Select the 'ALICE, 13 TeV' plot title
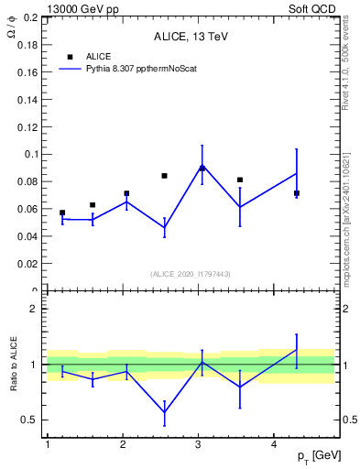[191, 38]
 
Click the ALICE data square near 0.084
[164, 176]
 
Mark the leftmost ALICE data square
[62, 213]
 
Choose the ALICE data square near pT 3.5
[240, 180]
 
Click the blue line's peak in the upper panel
[202, 166]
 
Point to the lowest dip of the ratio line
[164, 412]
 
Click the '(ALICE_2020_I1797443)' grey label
[190, 274]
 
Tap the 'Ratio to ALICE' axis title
[15, 365]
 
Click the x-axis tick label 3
[199, 444]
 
